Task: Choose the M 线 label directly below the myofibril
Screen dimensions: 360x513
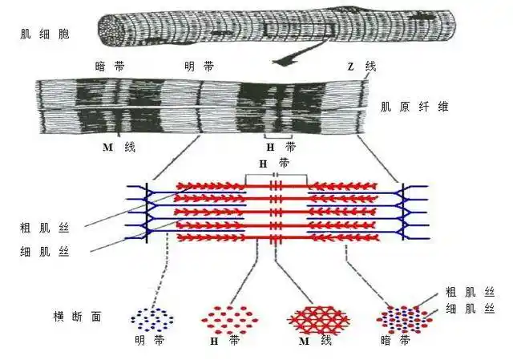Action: [x=119, y=148]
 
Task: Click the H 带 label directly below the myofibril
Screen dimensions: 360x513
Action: [x=281, y=148]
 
